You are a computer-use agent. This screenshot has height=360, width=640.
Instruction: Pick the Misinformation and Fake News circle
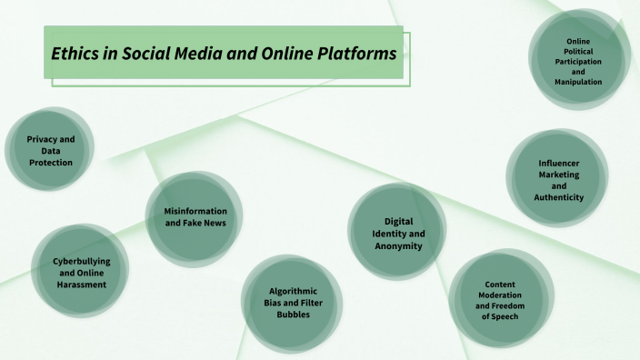(x=195, y=217)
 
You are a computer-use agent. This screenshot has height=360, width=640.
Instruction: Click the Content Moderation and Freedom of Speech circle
(x=501, y=295)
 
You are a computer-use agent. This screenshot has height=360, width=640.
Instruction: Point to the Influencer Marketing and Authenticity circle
(x=557, y=179)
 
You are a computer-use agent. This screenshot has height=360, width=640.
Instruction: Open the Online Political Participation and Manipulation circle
(x=578, y=61)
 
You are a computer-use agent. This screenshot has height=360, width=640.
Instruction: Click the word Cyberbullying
(x=82, y=260)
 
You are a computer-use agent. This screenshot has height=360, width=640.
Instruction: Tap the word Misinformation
(x=195, y=211)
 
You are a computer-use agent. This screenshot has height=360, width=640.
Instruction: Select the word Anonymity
(x=398, y=245)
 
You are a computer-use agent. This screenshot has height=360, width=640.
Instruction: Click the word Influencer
(x=558, y=163)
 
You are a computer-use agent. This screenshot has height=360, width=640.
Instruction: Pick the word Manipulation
(x=578, y=82)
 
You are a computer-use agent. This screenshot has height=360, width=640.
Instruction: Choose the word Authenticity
(x=558, y=196)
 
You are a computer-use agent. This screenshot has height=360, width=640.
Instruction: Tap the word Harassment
(x=82, y=284)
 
